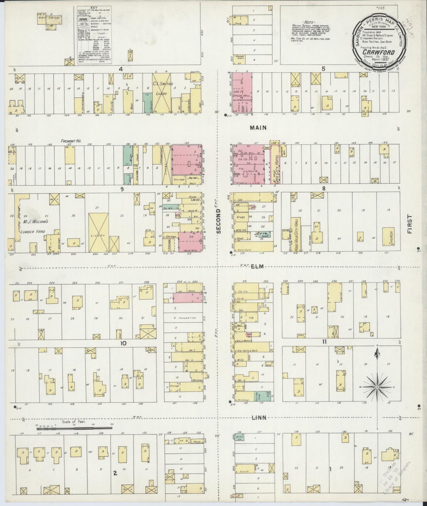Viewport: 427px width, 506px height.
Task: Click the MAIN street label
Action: [258, 128]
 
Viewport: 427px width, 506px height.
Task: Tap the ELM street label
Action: [257, 267]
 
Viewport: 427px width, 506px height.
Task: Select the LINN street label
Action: [259, 417]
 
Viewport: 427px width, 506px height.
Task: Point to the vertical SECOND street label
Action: [219, 221]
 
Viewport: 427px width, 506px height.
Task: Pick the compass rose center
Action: [377, 387]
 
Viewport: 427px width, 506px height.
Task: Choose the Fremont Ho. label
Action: [69, 141]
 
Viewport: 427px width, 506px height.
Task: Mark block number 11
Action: [324, 342]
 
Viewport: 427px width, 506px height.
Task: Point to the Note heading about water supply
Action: [309, 22]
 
